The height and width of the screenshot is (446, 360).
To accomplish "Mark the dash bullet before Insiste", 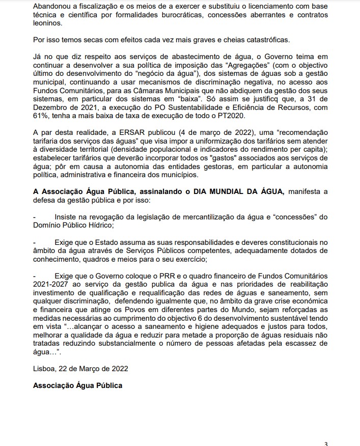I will point(34,216).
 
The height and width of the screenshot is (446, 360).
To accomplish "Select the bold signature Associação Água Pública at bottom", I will point(77,385).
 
